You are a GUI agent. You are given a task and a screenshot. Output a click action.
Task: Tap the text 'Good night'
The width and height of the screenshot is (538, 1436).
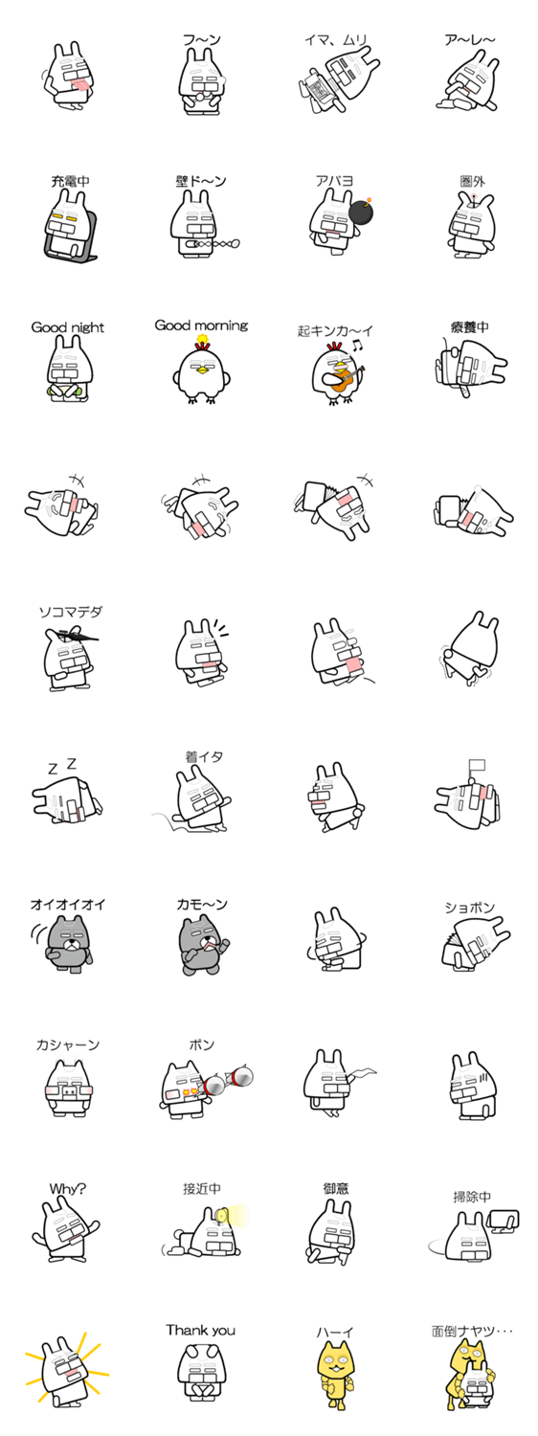click(x=67, y=327)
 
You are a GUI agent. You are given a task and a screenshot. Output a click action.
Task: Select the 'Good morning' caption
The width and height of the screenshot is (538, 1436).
click(x=201, y=325)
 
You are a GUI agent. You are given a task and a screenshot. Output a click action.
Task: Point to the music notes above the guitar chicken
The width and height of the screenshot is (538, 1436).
click(x=356, y=347)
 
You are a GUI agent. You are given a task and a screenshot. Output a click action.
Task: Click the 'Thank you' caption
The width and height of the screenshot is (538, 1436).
click(x=201, y=1331)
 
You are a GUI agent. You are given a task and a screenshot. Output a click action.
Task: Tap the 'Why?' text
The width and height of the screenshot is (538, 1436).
click(x=67, y=1189)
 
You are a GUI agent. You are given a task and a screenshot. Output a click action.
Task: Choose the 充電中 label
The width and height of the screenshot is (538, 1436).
click(x=70, y=182)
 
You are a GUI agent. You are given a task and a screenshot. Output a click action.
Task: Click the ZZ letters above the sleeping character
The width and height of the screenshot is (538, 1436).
click(x=62, y=766)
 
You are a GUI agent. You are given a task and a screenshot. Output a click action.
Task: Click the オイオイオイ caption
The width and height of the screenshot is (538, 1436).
click(x=68, y=905)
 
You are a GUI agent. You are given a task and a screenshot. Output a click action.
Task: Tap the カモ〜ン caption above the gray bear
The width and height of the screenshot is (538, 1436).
click(x=201, y=905)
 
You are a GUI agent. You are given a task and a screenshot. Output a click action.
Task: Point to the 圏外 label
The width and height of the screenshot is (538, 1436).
click(x=472, y=182)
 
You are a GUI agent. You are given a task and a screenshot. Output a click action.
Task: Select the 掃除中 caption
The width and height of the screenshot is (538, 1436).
click(x=472, y=1197)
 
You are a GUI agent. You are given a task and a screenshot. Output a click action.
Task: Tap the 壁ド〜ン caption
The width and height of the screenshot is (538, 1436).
click(x=201, y=182)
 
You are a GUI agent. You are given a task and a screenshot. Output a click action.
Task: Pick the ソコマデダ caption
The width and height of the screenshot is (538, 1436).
click(x=71, y=612)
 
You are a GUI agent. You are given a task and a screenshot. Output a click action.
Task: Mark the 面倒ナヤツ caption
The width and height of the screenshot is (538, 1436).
click(x=472, y=1332)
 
